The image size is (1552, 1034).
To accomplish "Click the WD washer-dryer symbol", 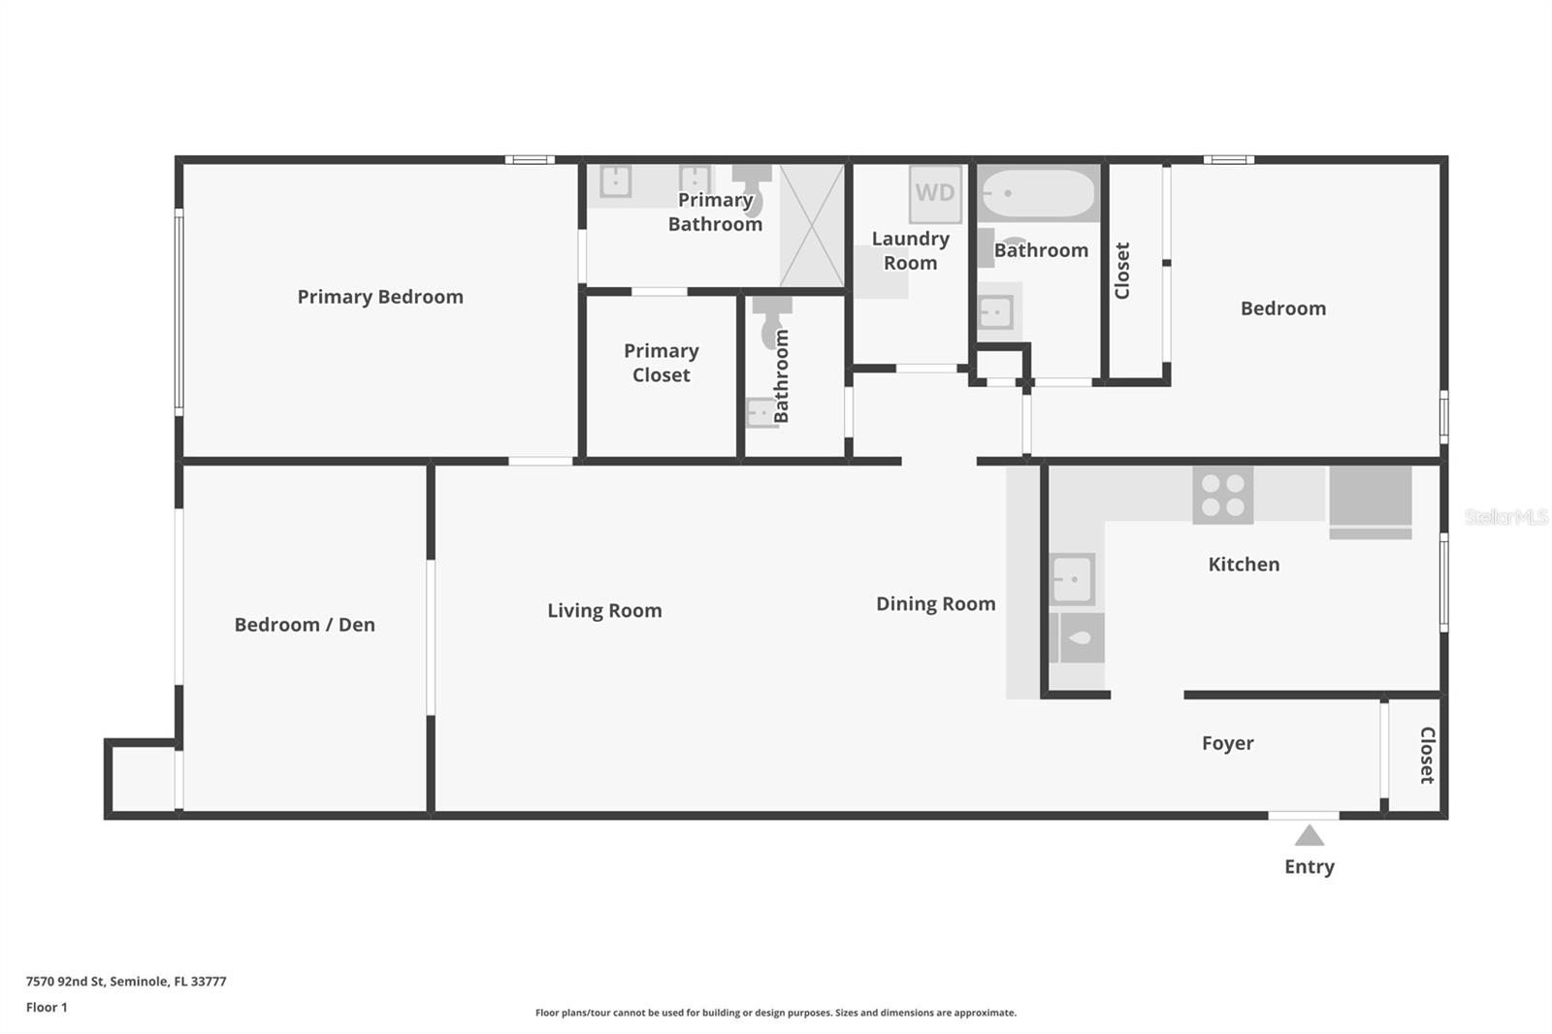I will pos(935,193).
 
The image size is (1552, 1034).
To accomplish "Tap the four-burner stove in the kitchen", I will pos(1222,495).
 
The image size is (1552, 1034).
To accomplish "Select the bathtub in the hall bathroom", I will pos(1037,193).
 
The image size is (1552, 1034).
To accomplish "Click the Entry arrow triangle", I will pos(1309,836).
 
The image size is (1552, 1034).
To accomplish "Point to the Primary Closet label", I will pos(661,363).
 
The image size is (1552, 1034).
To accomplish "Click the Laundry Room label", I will pos(910,250).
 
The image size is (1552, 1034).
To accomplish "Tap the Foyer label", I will pos(1227,743).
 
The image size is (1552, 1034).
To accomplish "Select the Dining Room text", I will pos(935,603).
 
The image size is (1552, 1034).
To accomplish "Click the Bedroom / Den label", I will pos(305,625).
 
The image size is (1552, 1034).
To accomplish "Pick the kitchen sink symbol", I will pos(1073,579).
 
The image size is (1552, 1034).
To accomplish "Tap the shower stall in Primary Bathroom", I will pos(812,226).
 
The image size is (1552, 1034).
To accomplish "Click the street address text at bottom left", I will pos(126,981).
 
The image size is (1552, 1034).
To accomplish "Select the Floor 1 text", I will pos(47,1007).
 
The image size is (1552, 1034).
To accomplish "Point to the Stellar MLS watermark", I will pos(1505,517).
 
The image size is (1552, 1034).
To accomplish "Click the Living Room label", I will pos(604,610).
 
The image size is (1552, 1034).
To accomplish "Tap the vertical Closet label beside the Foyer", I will pos(1426,755).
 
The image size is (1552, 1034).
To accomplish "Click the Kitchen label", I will pos(1244,564).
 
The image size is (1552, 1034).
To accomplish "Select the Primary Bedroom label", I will pos(380,297).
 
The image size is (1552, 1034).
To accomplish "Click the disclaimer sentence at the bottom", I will pos(776,1013).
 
